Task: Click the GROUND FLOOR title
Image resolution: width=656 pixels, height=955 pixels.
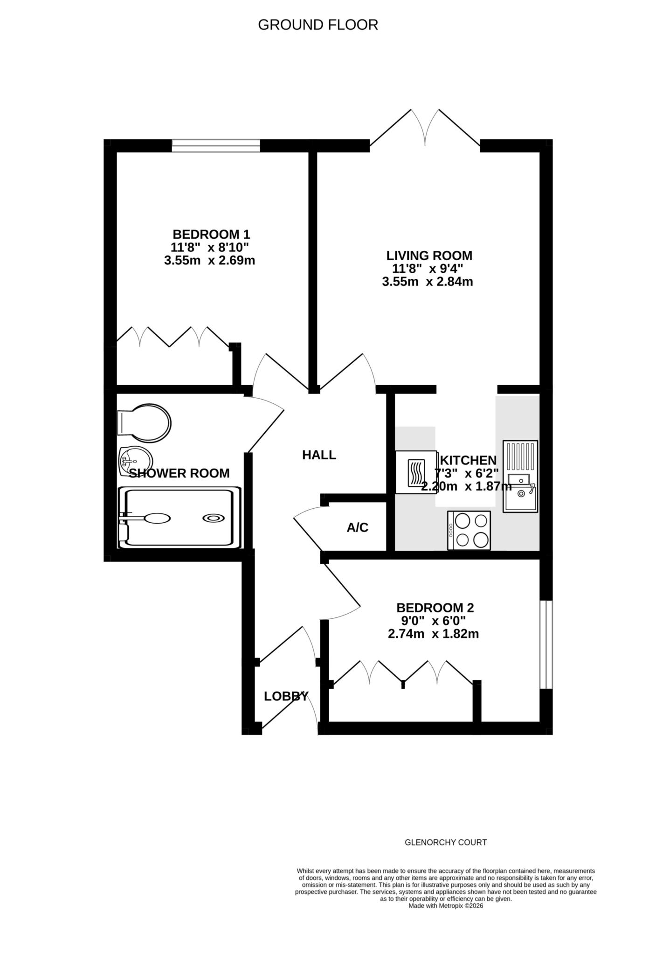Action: (318, 25)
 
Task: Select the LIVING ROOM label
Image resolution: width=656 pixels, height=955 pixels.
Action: (429, 256)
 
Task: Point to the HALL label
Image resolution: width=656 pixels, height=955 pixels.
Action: (319, 455)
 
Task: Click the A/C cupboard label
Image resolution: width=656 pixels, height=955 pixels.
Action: (358, 527)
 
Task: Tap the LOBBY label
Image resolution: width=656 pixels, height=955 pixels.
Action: (286, 697)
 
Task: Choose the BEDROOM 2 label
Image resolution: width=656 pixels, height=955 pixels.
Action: (435, 608)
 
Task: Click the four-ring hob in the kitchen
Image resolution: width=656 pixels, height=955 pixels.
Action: (469, 531)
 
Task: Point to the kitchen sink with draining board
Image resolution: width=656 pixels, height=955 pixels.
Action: (520, 476)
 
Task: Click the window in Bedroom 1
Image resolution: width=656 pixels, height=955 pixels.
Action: (216, 145)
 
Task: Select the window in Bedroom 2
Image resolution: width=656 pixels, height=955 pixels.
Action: (546, 644)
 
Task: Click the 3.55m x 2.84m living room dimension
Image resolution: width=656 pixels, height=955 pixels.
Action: (427, 282)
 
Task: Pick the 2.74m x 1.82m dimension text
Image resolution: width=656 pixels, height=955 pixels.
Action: (433, 634)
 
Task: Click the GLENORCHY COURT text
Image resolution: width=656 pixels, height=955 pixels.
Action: (445, 843)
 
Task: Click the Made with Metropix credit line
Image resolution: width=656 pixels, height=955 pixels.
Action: (445, 906)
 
